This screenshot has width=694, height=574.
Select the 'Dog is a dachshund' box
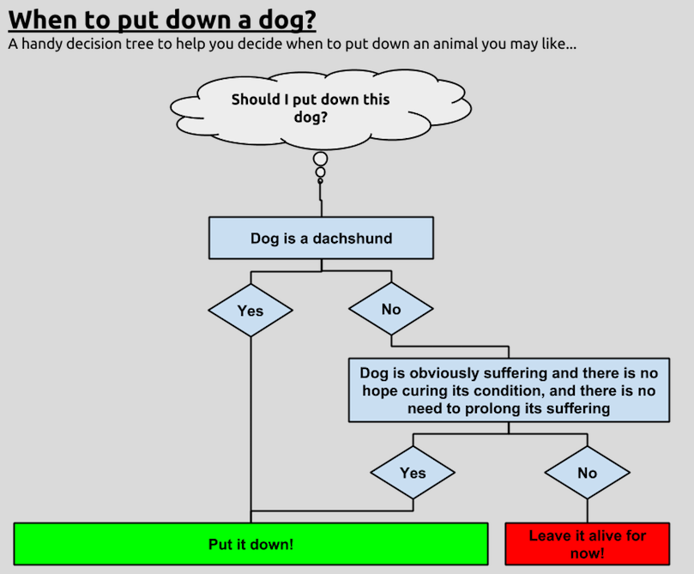pos(321,238)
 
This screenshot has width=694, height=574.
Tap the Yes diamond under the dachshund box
pos(250,310)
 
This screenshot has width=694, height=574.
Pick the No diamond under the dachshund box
pos(391,309)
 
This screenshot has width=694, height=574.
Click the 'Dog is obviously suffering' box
pos(509,390)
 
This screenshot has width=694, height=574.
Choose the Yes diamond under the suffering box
pos(413,473)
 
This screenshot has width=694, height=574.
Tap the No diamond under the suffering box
pos(588,473)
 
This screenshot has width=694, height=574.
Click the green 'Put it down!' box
pos(250,544)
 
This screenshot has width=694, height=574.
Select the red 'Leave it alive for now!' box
pos(588,544)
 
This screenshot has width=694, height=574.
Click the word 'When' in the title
pos(44,20)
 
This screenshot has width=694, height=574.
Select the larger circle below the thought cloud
pos(321,159)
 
